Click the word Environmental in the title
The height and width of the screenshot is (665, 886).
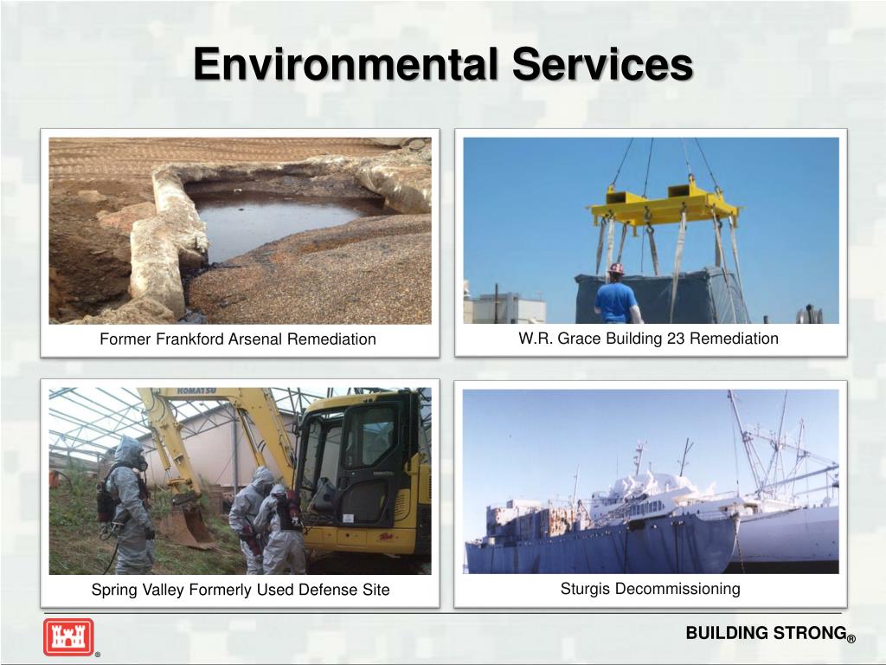click(x=344, y=65)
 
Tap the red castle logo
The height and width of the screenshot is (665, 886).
click(x=68, y=637)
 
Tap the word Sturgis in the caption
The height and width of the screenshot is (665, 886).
click(x=586, y=589)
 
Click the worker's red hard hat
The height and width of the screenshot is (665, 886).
click(x=615, y=268)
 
